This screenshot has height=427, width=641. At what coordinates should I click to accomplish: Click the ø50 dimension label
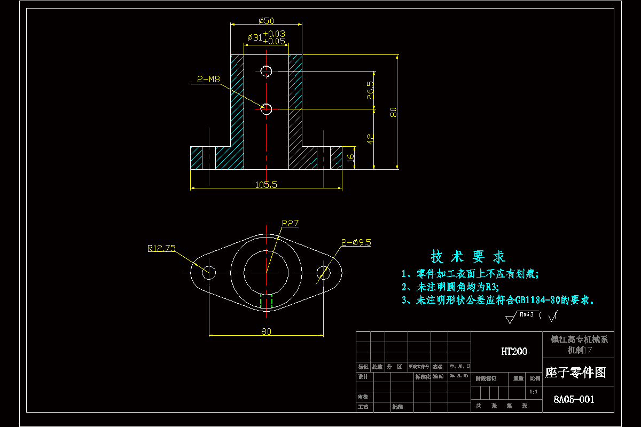coord(265,21)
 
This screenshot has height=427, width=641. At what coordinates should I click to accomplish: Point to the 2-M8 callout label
coord(208,79)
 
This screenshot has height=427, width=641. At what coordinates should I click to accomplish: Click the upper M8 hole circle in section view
coord(266,70)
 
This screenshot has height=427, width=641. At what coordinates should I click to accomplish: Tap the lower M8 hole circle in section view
coord(266,109)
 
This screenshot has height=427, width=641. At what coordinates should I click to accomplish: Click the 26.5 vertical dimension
coord(370,90)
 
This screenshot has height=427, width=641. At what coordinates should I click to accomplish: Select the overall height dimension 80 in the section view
coord(393,112)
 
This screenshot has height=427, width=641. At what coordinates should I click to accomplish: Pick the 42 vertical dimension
coord(370,139)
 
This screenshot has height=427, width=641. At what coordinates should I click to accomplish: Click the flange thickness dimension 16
coord(350,158)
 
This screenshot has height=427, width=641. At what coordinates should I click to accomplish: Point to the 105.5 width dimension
coord(266,185)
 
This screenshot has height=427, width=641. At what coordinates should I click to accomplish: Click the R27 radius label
coord(290,224)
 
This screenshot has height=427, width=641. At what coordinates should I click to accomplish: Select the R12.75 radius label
coord(161,248)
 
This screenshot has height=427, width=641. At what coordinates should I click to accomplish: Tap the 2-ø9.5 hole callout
coord(356,242)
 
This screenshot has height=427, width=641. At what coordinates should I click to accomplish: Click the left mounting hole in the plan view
coord(209,273)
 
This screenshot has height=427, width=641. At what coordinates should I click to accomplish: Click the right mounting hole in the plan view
coord(323,273)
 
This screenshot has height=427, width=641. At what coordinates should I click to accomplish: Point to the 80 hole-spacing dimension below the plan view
coord(266,331)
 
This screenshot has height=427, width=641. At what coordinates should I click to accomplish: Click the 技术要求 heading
coord(468,257)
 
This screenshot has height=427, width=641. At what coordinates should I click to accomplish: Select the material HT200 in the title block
coord(514,351)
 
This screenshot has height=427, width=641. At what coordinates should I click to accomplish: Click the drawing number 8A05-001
coord(574,399)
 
